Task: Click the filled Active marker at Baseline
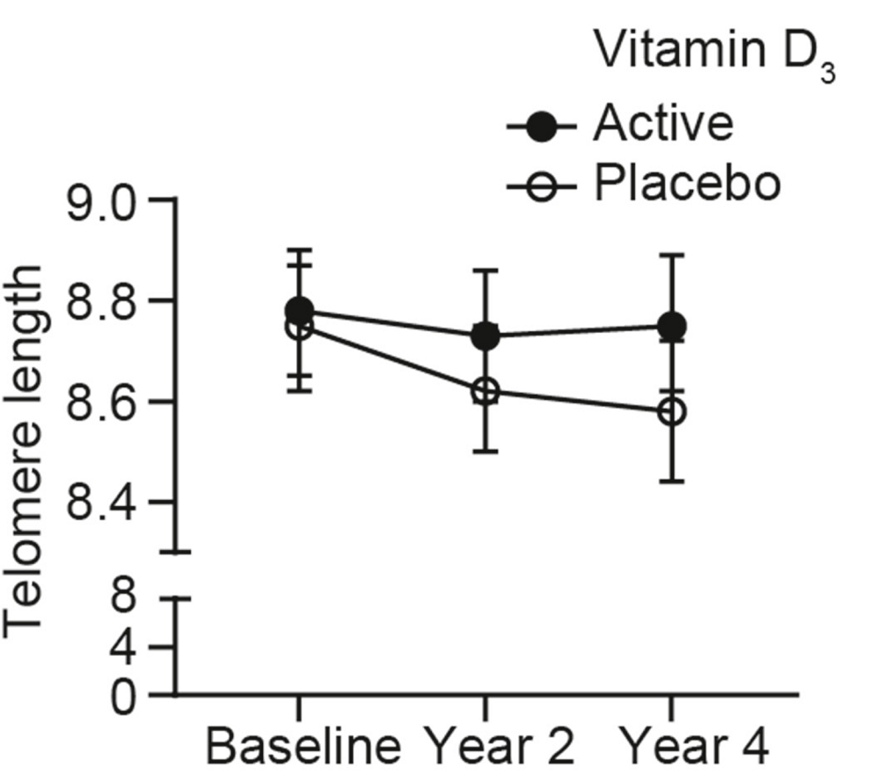300,311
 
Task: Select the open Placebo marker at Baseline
300,327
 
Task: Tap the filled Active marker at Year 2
484,335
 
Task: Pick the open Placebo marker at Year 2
484,391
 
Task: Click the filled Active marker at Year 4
671,327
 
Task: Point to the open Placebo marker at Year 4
671,412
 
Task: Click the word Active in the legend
662,123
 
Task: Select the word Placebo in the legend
686,184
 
